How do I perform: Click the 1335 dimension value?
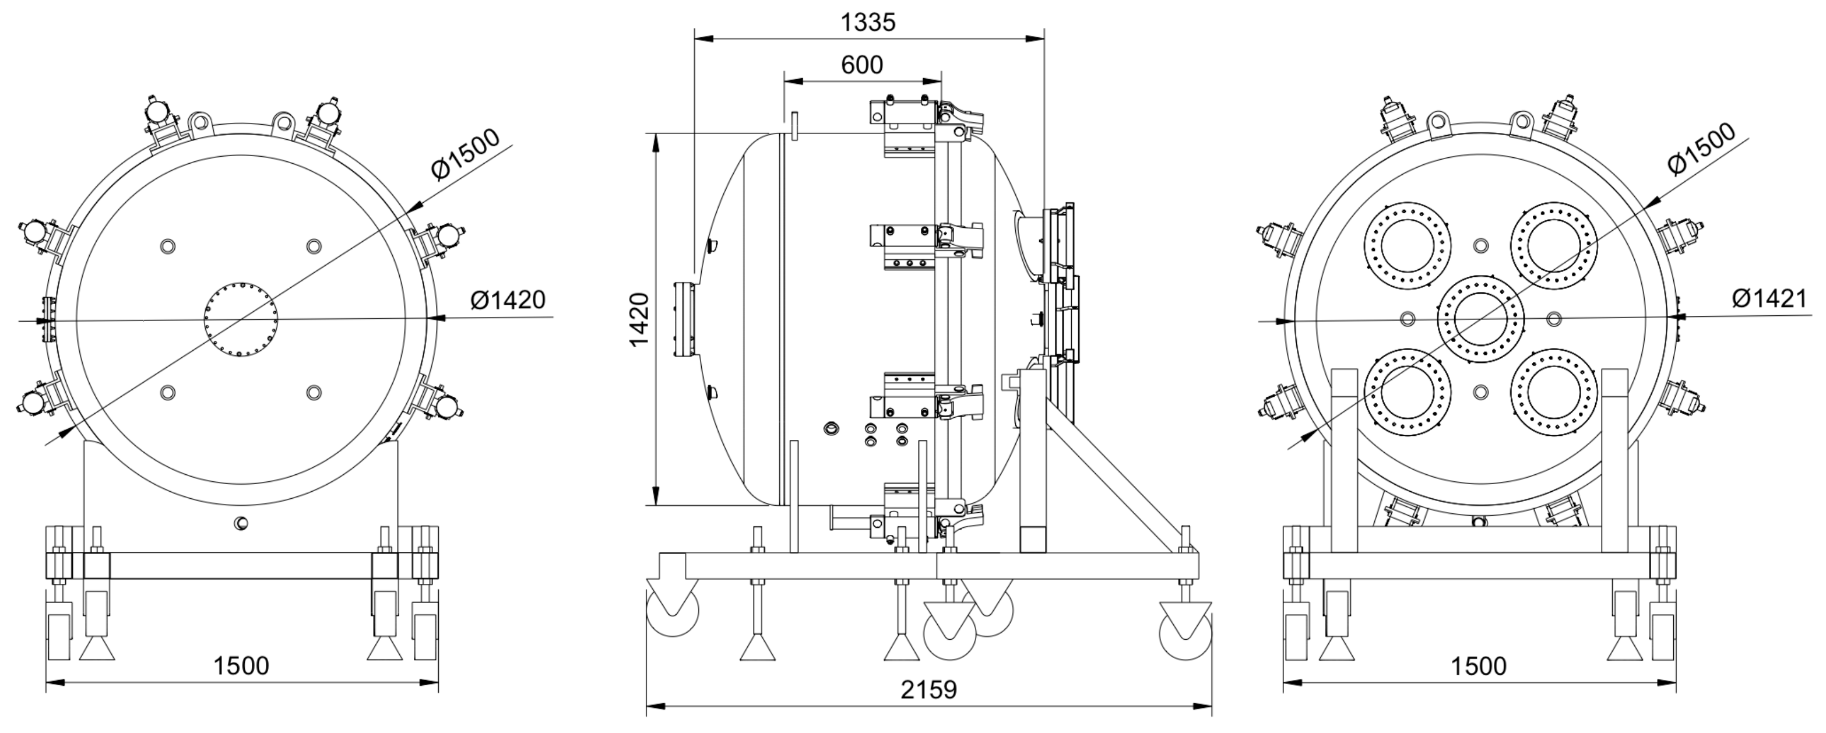868,23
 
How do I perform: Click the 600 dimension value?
862,65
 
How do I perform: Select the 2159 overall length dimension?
928,689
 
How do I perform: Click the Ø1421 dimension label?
1769,298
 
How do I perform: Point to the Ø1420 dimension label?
508,300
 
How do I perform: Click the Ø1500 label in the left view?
466,155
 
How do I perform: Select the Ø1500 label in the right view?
1701,148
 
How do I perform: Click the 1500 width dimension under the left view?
242,665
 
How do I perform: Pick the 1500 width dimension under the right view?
1479,665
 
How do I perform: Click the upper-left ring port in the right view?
1407,245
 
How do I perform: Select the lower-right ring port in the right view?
1553,392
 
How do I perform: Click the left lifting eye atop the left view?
200,122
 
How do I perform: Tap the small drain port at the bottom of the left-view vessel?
242,523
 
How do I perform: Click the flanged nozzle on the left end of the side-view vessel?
685,320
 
